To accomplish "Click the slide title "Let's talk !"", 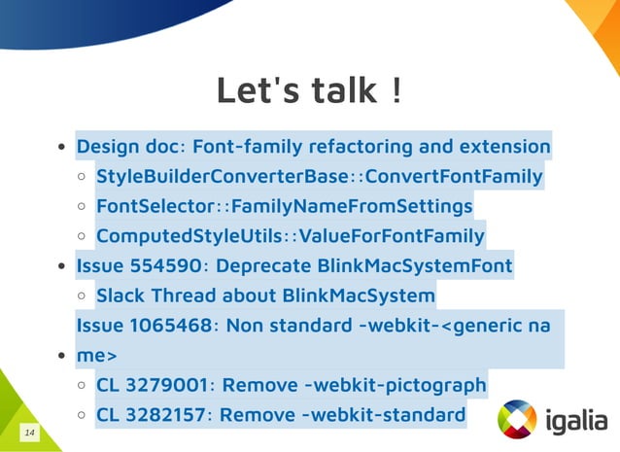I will (x=309, y=91).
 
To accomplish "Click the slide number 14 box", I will (x=30, y=431).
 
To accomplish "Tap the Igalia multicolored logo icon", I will (x=516, y=419).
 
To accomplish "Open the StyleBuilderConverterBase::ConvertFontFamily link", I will (x=319, y=177).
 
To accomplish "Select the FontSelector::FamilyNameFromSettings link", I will (x=284, y=206).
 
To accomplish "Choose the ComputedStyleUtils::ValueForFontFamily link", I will (x=290, y=235).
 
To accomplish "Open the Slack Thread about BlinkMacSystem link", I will (x=265, y=295).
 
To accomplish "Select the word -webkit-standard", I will (x=385, y=415).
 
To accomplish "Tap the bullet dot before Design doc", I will (x=61, y=149).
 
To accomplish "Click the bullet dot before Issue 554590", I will (x=61, y=266).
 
